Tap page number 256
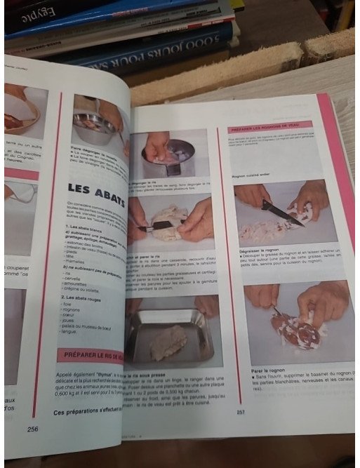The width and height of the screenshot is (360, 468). [32, 428]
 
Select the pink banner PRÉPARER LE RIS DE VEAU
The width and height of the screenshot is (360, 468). [92, 355]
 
